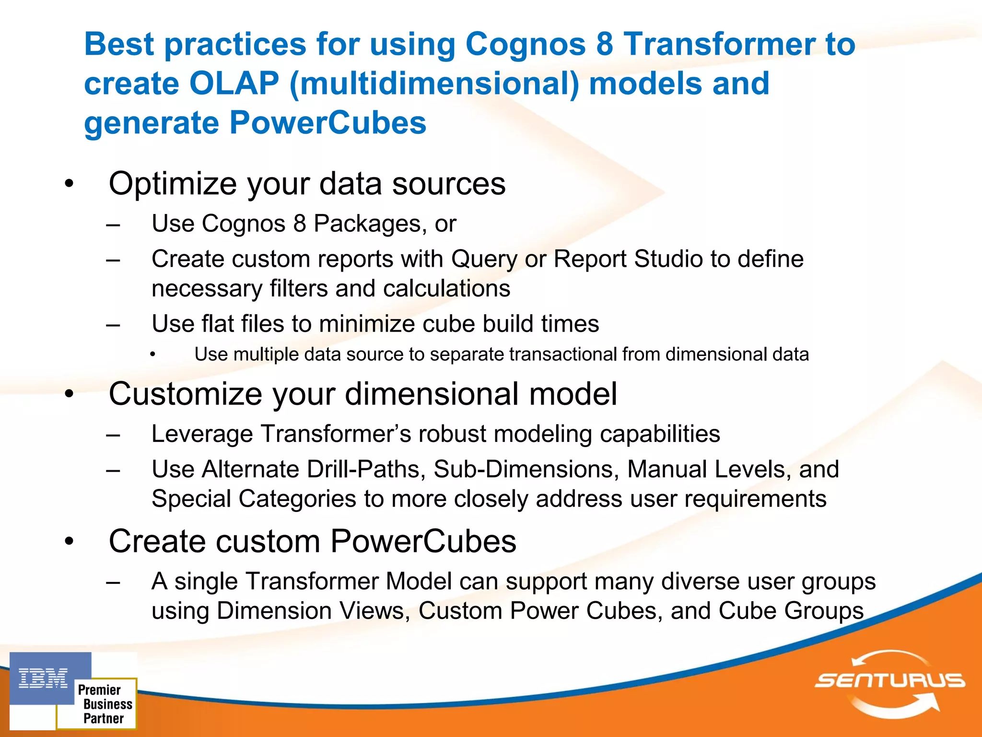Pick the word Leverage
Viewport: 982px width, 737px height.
click(x=202, y=434)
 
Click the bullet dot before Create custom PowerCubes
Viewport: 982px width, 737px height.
click(x=70, y=541)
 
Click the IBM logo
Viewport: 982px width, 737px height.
click(x=44, y=678)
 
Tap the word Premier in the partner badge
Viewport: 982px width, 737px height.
click(x=99, y=690)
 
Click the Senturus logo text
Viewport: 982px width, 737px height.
click(x=890, y=680)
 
